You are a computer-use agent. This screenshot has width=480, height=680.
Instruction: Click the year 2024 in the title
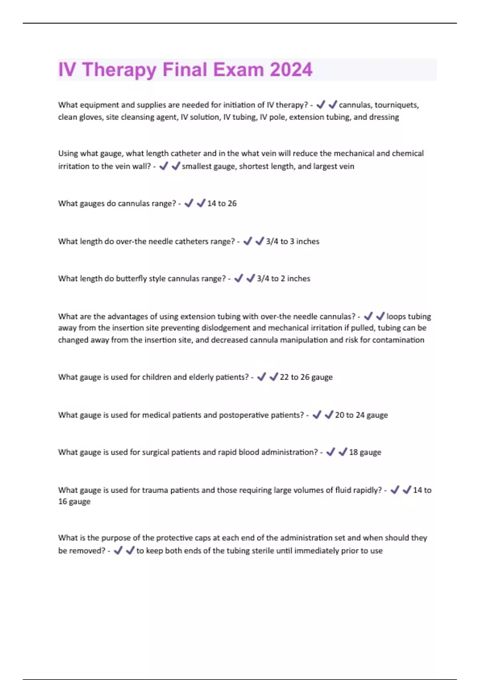(291, 70)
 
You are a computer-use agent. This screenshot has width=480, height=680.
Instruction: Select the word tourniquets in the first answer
(396, 105)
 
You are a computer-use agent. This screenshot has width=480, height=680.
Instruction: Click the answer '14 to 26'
(222, 203)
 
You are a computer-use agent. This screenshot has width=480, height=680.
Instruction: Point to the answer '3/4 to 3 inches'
(292, 241)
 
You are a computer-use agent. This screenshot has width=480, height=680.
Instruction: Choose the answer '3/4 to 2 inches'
(283, 278)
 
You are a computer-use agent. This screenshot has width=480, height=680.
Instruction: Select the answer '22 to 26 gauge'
(306, 377)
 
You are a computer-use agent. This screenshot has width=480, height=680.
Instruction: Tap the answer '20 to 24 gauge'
(361, 415)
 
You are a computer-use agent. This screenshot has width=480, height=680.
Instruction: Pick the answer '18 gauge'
(365, 452)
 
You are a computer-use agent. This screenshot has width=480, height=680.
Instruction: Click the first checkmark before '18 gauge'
(330, 452)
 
